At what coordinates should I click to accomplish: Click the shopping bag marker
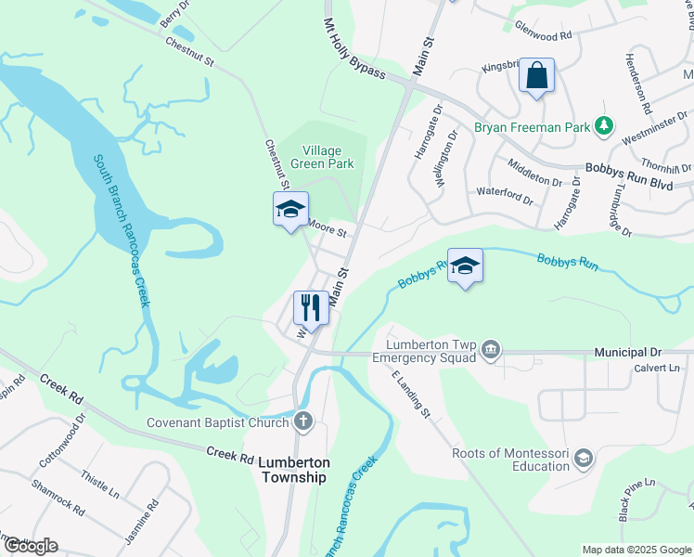click(x=537, y=76)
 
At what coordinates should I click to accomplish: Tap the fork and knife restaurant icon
click(x=311, y=308)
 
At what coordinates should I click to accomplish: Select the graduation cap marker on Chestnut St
click(x=290, y=209)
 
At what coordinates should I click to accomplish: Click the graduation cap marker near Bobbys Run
click(x=465, y=266)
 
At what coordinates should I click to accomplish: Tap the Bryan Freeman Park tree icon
click(x=604, y=124)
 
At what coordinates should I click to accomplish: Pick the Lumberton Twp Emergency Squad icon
click(x=491, y=350)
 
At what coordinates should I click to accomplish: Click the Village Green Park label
click(x=323, y=157)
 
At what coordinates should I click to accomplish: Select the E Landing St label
click(x=411, y=392)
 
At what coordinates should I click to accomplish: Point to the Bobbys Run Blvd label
click(x=627, y=175)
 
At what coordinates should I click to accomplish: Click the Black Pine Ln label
click(x=637, y=499)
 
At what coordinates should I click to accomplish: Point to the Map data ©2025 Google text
click(x=636, y=550)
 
